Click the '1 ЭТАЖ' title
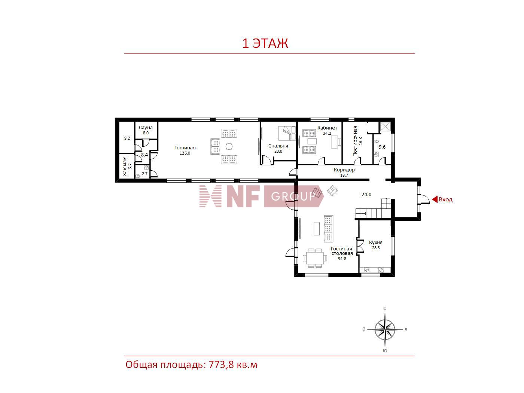click(x=265, y=43)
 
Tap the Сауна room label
click(x=146, y=128)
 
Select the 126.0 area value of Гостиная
click(x=185, y=153)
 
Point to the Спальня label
click(x=278, y=146)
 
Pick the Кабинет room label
click(x=327, y=128)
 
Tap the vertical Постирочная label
click(x=355, y=141)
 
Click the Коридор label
click(x=344, y=170)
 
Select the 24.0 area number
click(x=366, y=195)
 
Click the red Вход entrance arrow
click(x=435, y=199)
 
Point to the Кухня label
click(x=376, y=243)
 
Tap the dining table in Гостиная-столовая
click(x=315, y=258)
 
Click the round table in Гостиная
click(x=229, y=146)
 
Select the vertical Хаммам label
click(x=125, y=166)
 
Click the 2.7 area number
click(x=145, y=174)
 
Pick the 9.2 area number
click(x=127, y=138)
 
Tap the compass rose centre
click(x=385, y=330)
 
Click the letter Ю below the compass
click(x=385, y=351)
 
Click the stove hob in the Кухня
click(x=381, y=270)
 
